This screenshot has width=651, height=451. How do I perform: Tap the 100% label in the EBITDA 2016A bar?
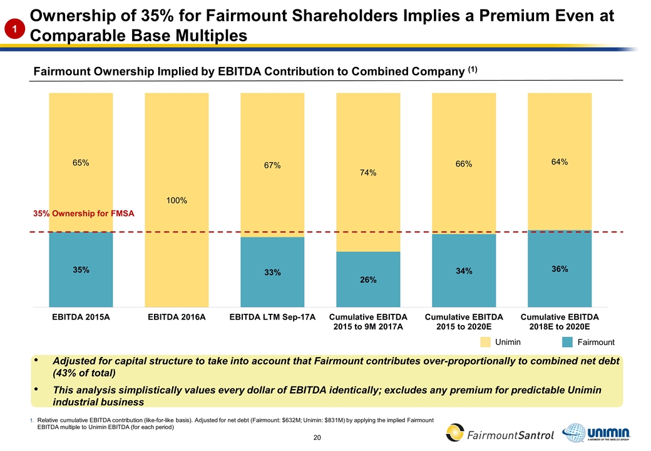click(177, 200)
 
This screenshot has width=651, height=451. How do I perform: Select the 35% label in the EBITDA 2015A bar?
click(81, 270)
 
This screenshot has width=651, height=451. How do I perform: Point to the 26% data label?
click(368, 280)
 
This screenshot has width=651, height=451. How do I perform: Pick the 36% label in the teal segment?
click(560, 269)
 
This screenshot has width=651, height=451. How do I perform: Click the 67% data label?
click(272, 165)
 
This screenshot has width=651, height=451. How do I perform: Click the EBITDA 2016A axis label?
click(177, 317)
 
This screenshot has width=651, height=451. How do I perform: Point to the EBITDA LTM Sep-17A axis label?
click(272, 317)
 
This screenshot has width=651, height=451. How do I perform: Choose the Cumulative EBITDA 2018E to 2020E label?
click(560, 321)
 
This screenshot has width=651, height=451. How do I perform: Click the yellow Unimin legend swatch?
click(486, 342)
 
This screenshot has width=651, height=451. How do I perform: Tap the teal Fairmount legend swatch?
click(567, 342)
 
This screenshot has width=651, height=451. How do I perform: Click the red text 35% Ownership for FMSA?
click(83, 214)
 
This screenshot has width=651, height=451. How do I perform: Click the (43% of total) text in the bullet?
click(84, 373)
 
